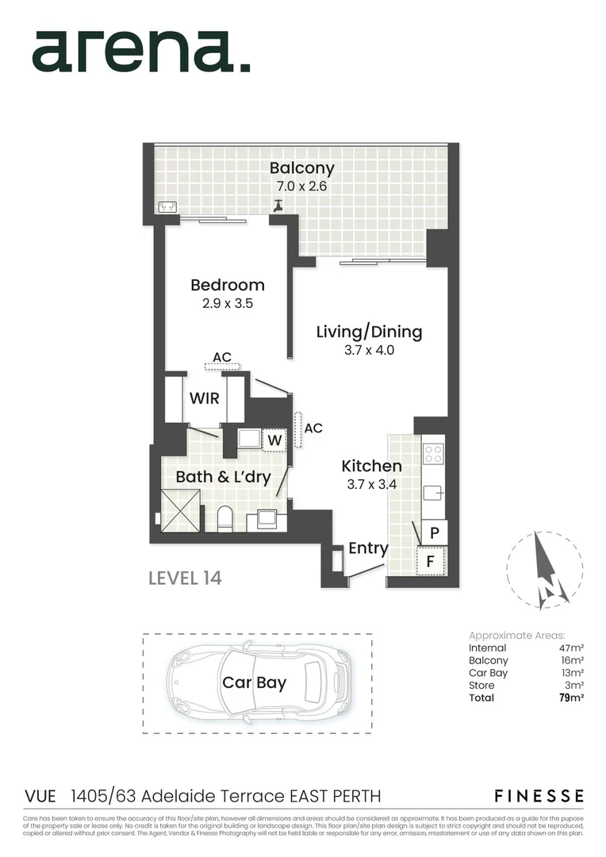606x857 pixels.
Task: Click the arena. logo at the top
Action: [x=141, y=52]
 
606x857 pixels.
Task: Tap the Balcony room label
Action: [x=301, y=168]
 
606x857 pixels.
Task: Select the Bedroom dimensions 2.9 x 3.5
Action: [x=228, y=302]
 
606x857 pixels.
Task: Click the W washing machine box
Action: [x=274, y=439]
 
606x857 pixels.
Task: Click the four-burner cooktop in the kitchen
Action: [x=433, y=453]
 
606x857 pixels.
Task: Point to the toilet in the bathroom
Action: [x=224, y=519]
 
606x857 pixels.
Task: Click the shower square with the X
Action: [x=180, y=510]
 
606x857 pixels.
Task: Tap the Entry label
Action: [x=368, y=548]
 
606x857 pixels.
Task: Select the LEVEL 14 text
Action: [x=185, y=578]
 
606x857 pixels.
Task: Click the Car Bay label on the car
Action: [x=254, y=682]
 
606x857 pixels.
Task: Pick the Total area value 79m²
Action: [x=571, y=698]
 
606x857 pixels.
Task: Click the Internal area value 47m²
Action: [x=571, y=648]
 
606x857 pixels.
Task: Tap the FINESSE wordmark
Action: [x=539, y=796]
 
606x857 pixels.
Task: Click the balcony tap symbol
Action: [x=278, y=205]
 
